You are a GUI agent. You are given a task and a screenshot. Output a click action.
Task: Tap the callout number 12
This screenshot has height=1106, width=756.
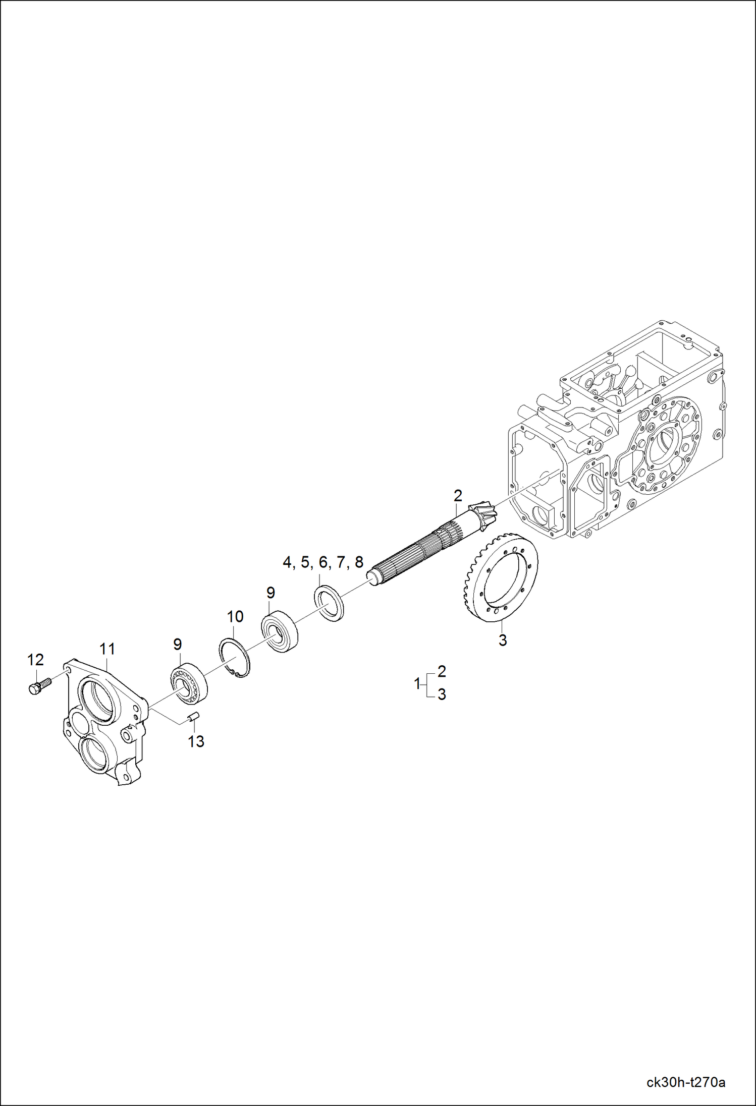pos(35,660)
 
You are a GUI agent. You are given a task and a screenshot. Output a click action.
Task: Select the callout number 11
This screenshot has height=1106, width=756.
pos(107,649)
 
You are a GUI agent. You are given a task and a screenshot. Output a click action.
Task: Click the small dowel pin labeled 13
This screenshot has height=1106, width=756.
pos(195,716)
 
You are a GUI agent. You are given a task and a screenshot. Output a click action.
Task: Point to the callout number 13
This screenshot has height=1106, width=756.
pos(196,741)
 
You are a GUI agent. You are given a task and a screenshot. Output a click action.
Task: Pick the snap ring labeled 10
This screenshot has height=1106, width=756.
pos(235,658)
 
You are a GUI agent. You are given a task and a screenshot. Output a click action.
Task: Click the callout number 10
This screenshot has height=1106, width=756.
pos(235,616)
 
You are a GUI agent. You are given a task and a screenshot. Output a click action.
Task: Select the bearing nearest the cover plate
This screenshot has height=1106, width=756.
pos(189,683)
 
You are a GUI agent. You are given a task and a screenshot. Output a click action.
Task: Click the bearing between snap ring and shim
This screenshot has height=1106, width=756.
pos(279,631)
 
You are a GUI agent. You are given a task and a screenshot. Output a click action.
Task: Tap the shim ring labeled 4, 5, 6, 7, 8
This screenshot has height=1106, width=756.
pos(329,603)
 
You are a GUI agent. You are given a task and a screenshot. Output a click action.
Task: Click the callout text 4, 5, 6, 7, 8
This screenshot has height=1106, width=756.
pos(323,562)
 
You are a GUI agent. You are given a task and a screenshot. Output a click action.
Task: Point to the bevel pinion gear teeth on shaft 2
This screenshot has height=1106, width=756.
pos(483,517)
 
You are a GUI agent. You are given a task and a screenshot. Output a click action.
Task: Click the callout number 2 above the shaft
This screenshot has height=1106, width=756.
pos(458,496)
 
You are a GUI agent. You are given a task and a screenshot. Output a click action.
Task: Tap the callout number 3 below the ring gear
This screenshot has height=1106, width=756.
pos(503,640)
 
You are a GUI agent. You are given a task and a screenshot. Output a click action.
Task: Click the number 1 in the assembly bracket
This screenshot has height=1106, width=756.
pos(417,684)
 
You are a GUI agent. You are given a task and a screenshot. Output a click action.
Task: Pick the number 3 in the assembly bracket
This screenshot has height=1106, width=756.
pos(442,694)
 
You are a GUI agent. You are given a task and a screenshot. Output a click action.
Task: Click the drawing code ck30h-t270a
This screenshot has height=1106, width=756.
pos(686,1082)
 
